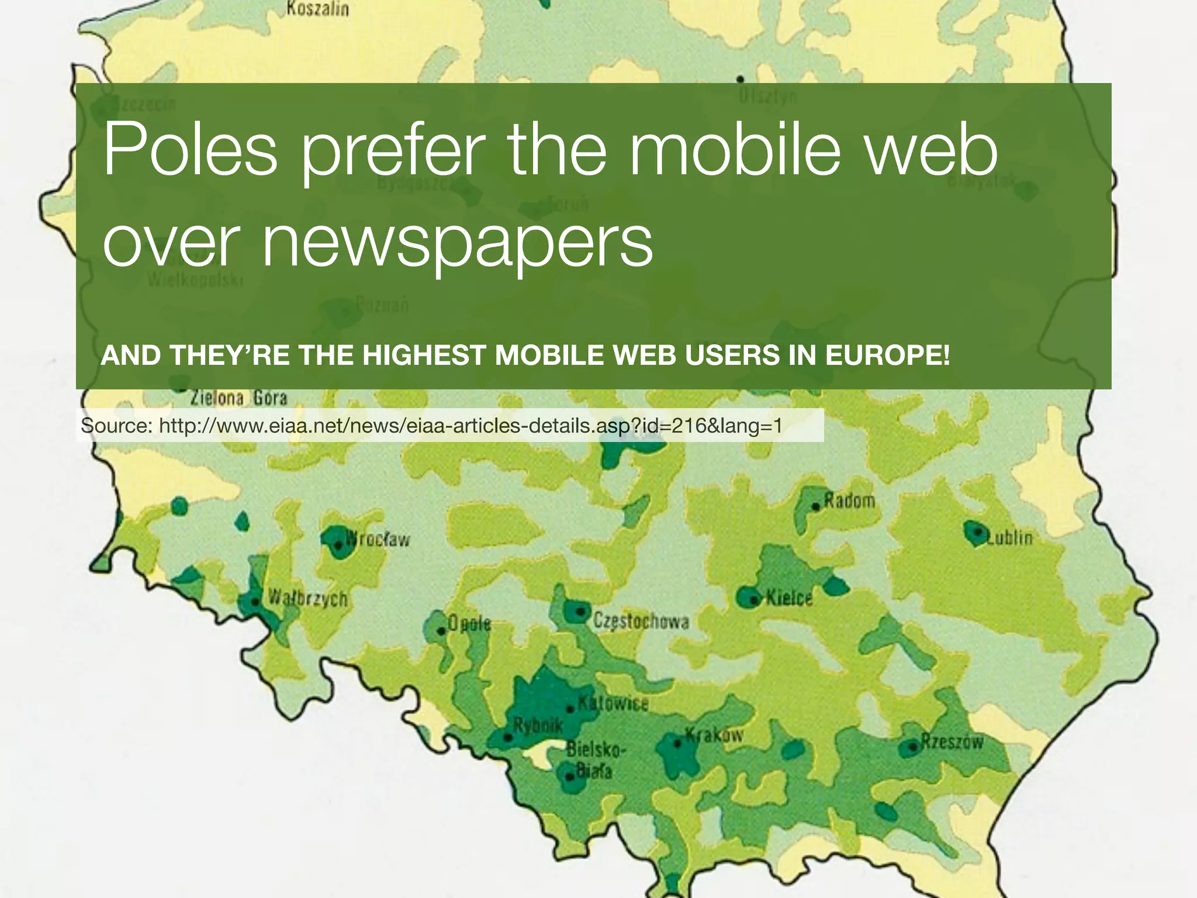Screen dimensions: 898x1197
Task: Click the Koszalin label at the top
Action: click(318, 9)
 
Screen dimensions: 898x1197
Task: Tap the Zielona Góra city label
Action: click(239, 399)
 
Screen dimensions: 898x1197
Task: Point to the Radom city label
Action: click(849, 501)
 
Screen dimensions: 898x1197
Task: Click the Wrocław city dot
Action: click(338, 546)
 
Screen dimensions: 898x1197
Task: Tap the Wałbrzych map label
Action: click(307, 598)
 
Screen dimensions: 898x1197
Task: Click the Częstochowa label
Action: click(641, 621)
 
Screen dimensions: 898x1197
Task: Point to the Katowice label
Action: click(613, 703)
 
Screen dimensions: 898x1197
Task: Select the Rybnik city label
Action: click(538, 726)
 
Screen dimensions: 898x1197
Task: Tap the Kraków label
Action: click(714, 734)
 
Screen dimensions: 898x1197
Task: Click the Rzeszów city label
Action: click(952, 742)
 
